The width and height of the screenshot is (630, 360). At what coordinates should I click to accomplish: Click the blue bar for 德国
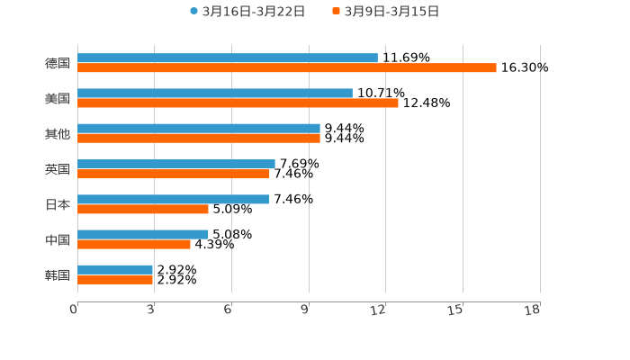click(x=228, y=58)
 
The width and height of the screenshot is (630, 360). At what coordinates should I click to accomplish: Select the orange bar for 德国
click(x=287, y=68)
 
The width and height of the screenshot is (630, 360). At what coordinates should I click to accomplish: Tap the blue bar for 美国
click(x=215, y=93)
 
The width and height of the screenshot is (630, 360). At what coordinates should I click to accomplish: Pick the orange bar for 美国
click(x=238, y=103)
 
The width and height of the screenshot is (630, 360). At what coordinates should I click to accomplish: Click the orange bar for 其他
click(x=199, y=139)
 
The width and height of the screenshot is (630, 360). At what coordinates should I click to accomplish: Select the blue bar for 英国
click(x=176, y=164)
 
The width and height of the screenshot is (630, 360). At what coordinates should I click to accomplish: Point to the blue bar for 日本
click(x=174, y=199)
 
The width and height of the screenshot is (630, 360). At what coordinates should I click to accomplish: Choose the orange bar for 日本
click(x=143, y=210)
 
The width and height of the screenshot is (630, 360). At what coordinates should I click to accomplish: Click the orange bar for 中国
click(x=134, y=245)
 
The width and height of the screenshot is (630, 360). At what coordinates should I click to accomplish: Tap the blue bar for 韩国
click(x=115, y=269)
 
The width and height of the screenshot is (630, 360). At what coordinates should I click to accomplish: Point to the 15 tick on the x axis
click(x=456, y=310)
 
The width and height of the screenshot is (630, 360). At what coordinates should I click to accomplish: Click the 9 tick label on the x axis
click(x=306, y=310)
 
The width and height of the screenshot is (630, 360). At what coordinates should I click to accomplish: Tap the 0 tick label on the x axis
click(x=74, y=310)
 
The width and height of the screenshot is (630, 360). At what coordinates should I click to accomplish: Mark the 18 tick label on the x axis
click(x=533, y=310)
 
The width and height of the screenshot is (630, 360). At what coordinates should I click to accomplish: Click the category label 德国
click(x=58, y=63)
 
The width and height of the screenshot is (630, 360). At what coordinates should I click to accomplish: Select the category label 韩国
click(x=58, y=274)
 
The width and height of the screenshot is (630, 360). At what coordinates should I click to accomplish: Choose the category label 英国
click(x=58, y=169)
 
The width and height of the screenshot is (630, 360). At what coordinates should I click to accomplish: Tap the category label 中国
click(x=58, y=239)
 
